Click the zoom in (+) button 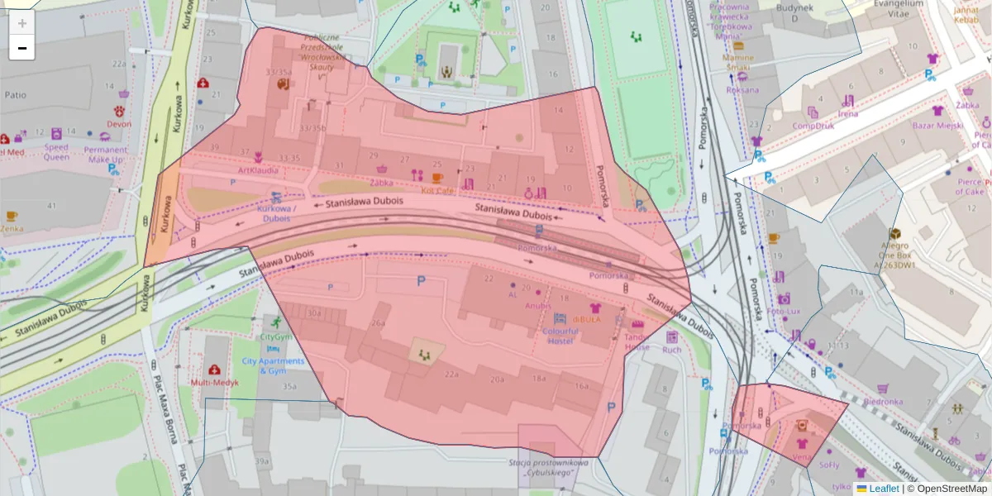tap(22, 23)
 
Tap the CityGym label tap(276, 337)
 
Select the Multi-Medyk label tap(215, 383)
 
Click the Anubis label tap(537, 305)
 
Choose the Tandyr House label tap(637, 341)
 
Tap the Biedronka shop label tap(883, 402)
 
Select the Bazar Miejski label tap(937, 125)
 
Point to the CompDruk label tap(813, 126)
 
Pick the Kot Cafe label tap(437, 189)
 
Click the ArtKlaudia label tap(258, 170)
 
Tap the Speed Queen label tap(56, 151)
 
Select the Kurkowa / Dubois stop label tap(276, 214)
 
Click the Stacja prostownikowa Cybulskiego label tap(549, 469)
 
